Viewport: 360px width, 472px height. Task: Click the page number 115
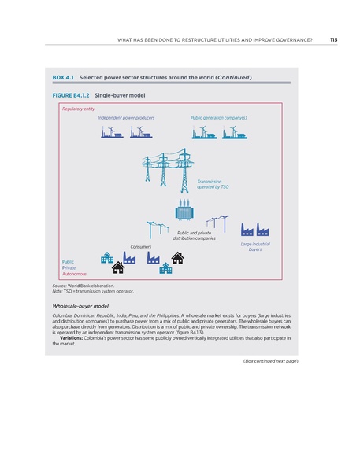(333, 39)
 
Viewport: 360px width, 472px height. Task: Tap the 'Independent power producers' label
(125, 117)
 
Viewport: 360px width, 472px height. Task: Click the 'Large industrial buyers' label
(249, 247)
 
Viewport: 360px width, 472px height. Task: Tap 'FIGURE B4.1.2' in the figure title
(69, 95)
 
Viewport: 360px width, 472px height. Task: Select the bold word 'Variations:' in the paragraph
(72, 337)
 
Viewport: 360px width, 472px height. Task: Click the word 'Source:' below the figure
(60, 286)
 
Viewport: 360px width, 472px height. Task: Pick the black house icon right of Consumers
(178, 257)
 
